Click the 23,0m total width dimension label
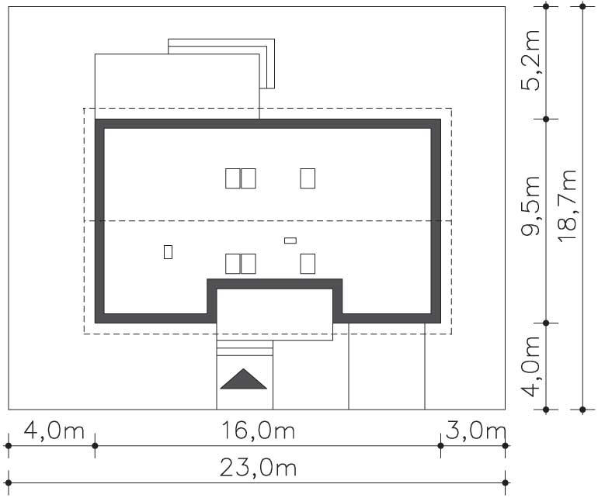(258, 468)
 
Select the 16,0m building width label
(258, 431)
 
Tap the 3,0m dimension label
(475, 431)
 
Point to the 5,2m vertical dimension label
(531, 61)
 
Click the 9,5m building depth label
(531, 206)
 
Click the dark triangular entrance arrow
(243, 379)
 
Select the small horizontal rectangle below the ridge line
(290, 240)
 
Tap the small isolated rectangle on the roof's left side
(168, 252)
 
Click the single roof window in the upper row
(308, 178)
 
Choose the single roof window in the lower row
(308, 264)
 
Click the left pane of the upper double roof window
(233, 178)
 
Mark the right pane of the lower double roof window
(249, 264)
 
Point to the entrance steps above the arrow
(245, 348)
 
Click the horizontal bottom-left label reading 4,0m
(54, 431)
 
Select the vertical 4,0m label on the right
(531, 367)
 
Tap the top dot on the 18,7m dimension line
(582, 6)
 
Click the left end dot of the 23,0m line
(9, 482)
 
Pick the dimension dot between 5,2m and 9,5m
(546, 119)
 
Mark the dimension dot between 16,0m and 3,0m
(440, 446)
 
